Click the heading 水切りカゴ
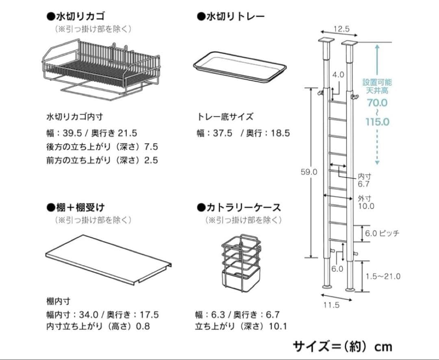click(76, 16)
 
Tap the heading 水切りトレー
click(230, 16)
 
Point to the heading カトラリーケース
click(239, 207)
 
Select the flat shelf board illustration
click(108, 259)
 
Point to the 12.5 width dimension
click(341, 29)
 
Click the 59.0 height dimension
click(309, 172)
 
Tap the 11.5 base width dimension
click(331, 305)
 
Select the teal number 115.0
click(377, 122)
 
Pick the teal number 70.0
click(377, 103)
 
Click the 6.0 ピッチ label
click(382, 233)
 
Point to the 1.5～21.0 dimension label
click(382, 277)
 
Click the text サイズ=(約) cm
click(342, 346)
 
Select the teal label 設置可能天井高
click(377, 86)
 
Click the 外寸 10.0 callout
click(366, 202)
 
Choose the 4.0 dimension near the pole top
click(338, 74)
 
